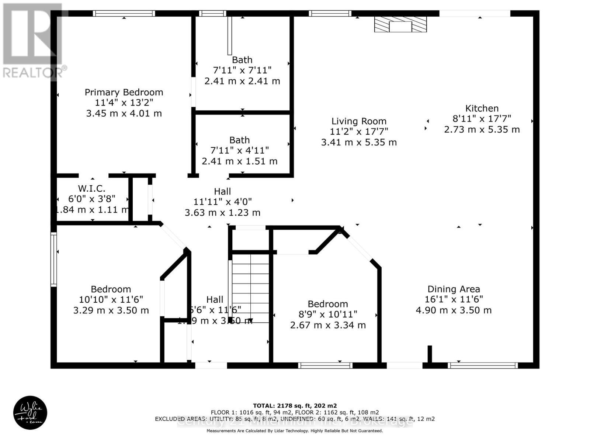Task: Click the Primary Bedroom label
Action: [124, 92]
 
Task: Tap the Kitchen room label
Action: [482, 109]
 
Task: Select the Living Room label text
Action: [359, 121]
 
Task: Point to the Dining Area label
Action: [454, 289]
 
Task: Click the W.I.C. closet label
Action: [91, 189]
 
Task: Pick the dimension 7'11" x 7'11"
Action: [242, 70]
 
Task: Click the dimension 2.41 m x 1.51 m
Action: [240, 161]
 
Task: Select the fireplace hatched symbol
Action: [400, 24]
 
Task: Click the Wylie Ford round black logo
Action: [30, 413]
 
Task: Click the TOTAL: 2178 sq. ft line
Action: [295, 405]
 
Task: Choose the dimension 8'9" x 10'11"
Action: [328, 315]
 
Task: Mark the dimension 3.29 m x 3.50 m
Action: [111, 310]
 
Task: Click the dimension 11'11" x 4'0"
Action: [222, 202]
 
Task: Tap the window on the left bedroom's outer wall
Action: [54, 260]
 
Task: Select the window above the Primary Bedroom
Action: [124, 14]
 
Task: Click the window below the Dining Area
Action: [483, 365]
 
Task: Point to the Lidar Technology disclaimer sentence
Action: [295, 431]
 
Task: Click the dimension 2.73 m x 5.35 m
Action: [482, 130]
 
